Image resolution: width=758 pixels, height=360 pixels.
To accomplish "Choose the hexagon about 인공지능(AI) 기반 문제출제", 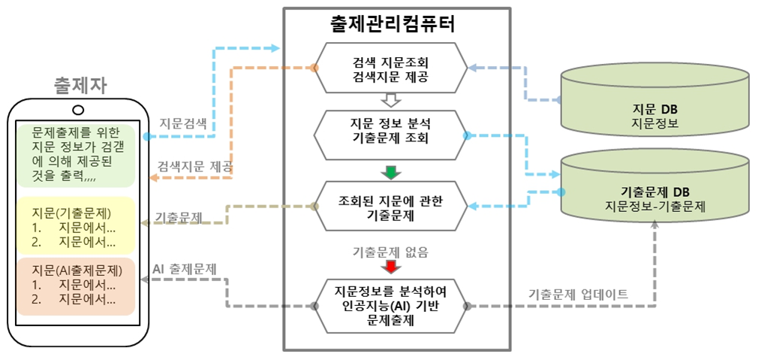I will click(x=390, y=305).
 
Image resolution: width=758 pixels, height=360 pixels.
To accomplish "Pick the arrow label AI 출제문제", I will click(x=184, y=268).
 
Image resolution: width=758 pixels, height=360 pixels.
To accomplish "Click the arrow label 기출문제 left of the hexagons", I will click(x=179, y=218).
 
